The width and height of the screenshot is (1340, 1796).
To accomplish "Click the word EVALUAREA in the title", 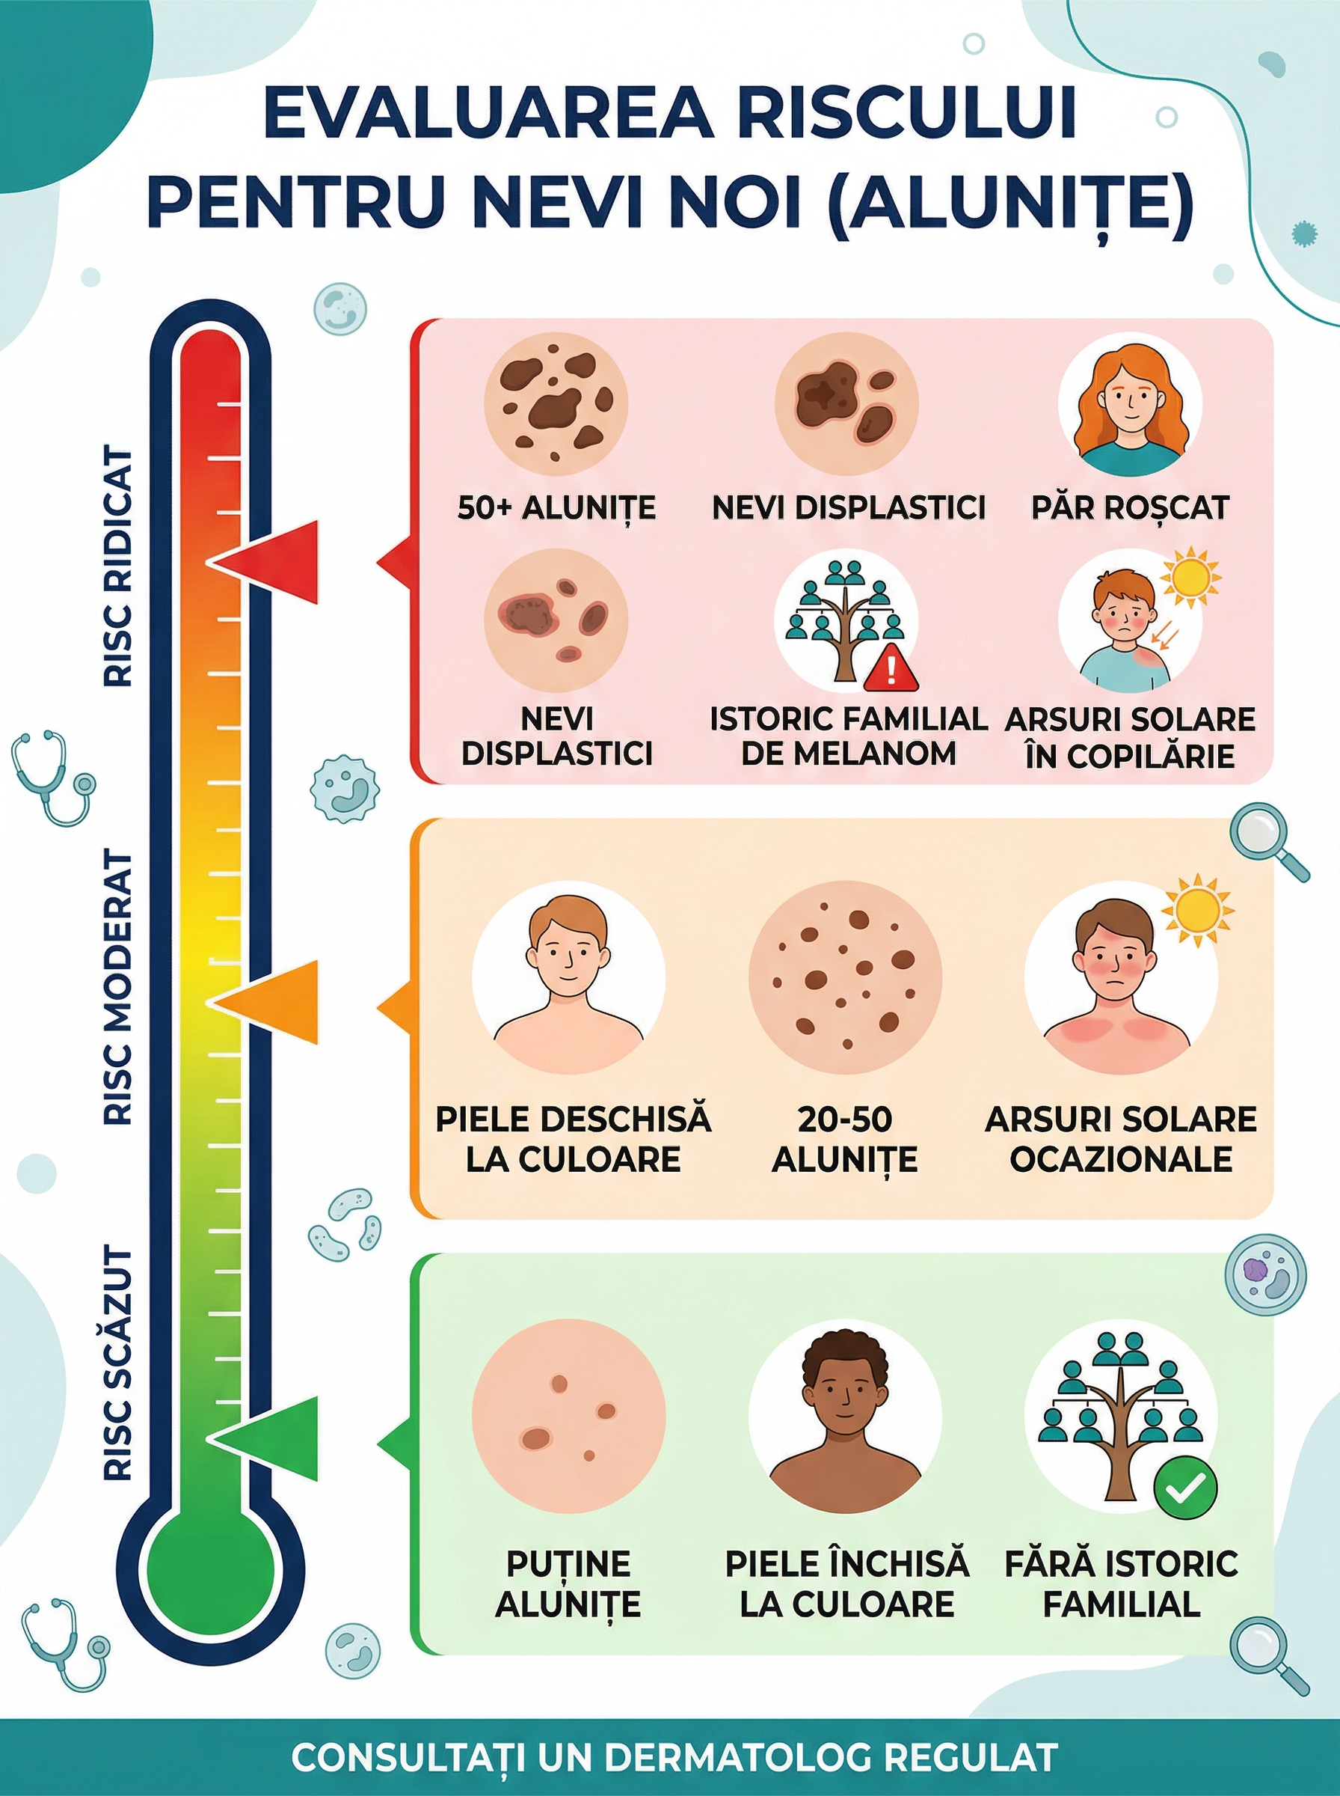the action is pyautogui.click(x=488, y=115).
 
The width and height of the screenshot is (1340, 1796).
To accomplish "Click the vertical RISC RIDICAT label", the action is pyautogui.click(x=118, y=568).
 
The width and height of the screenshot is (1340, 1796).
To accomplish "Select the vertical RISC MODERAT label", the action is pyautogui.click(x=118, y=987).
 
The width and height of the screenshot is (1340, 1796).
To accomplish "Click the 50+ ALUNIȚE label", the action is pyautogui.click(x=556, y=509).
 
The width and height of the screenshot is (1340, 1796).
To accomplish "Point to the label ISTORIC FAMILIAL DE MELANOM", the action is pyautogui.click(x=848, y=736).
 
